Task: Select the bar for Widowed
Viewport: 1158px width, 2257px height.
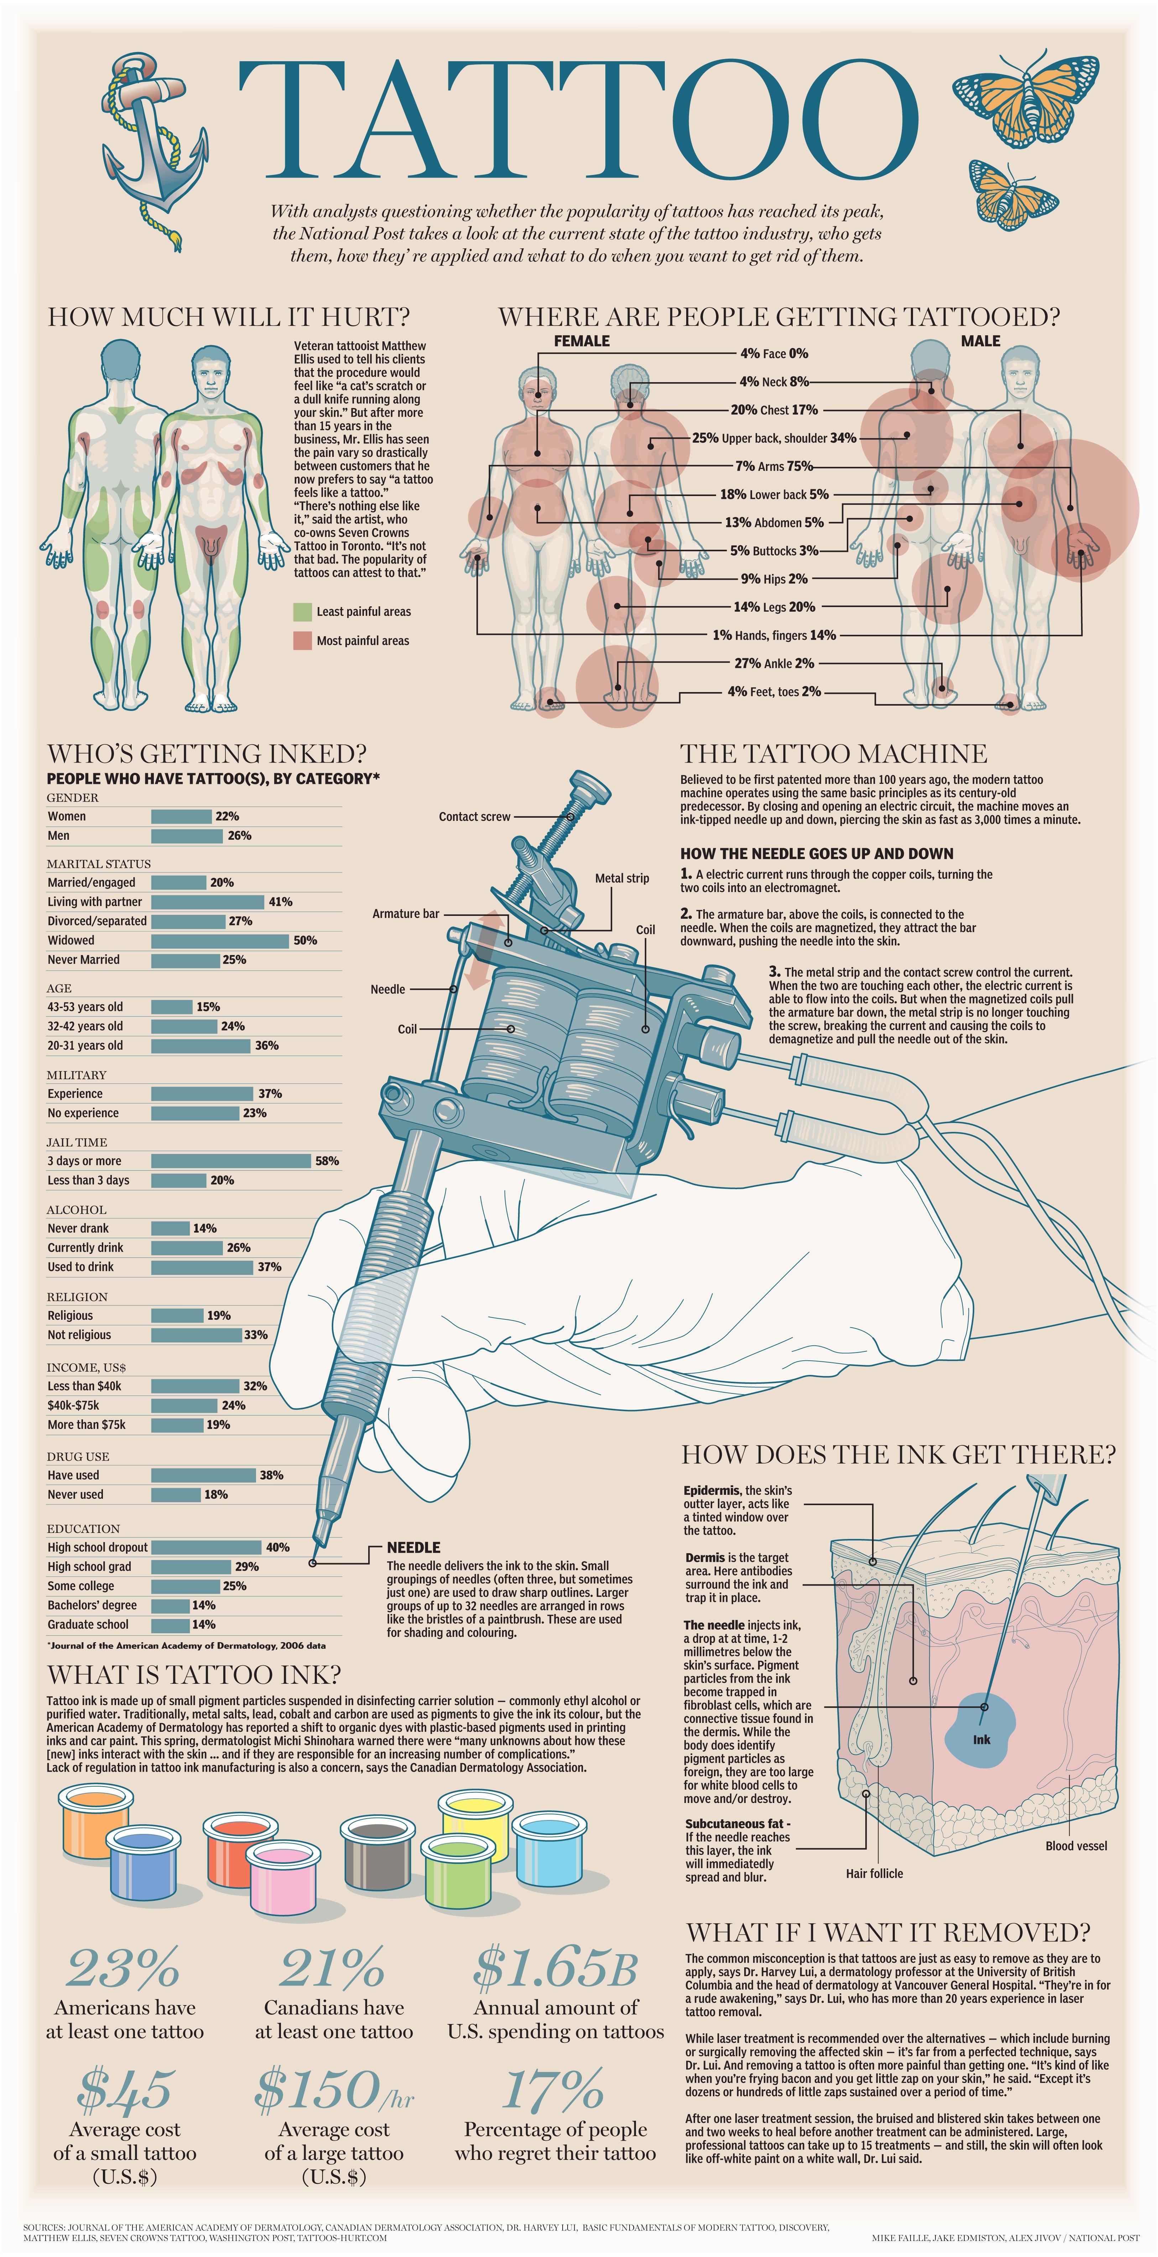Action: click(x=220, y=940)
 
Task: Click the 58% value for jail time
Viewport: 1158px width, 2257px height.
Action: click(x=327, y=1161)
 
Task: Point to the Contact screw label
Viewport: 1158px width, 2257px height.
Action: click(x=474, y=817)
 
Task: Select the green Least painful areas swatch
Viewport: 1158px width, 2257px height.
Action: click(x=302, y=612)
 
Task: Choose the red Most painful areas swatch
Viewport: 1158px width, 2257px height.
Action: click(x=302, y=640)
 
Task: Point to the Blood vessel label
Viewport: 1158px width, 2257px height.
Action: click(x=1076, y=1846)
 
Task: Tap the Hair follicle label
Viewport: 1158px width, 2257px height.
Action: click(x=874, y=1873)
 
